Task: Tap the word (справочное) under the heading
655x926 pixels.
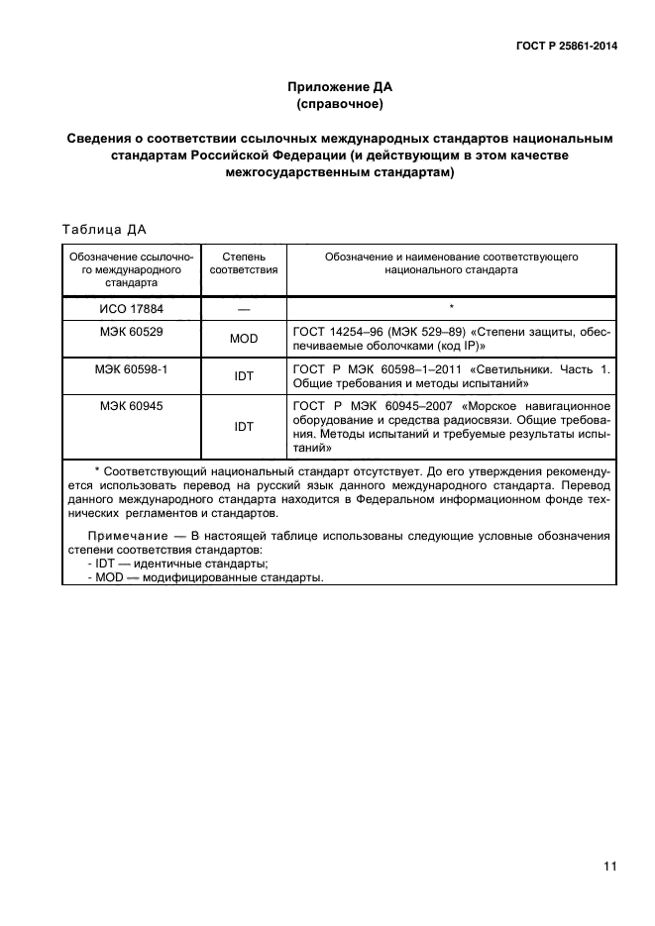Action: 338,103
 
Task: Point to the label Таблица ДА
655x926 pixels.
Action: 104,230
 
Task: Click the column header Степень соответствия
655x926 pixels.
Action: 244,262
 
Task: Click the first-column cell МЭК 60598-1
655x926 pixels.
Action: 131,367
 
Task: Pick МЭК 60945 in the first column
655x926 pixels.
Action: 131,405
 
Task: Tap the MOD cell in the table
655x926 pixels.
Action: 244,339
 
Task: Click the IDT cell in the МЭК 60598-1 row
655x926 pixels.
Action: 244,375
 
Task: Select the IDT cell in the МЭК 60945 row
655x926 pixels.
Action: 244,426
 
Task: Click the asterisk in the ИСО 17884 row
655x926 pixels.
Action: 451,308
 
